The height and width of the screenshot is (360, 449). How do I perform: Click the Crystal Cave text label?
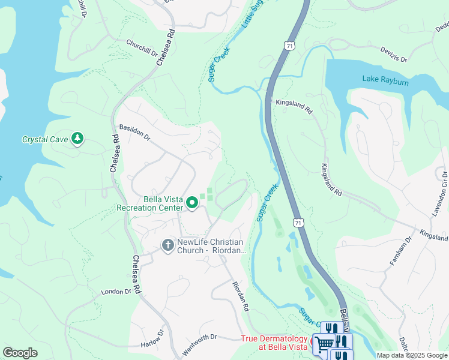coord(45,139)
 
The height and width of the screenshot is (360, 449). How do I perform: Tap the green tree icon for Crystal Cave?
coord(77,139)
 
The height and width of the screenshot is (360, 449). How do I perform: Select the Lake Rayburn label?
coord(385,80)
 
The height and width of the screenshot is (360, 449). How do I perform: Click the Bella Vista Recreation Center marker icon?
coord(192,204)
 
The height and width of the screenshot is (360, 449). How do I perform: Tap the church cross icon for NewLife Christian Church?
coord(168,245)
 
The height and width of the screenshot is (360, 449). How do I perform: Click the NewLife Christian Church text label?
coord(212,247)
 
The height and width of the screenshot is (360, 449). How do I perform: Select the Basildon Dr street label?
coord(134,132)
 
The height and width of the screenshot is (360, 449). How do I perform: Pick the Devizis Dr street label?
coord(394,56)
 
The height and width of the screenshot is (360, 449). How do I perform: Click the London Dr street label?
coord(116,291)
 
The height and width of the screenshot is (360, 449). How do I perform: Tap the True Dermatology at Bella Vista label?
coord(274,343)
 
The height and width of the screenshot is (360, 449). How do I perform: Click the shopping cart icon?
coord(324,343)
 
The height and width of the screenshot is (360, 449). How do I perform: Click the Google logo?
coord(20,353)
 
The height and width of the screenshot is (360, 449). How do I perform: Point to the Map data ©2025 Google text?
coord(411,355)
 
